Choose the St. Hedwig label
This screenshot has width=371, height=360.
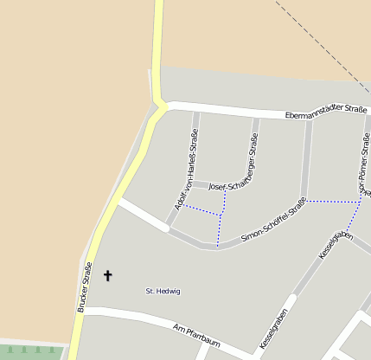click(163, 292)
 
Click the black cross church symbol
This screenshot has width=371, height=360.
click(108, 276)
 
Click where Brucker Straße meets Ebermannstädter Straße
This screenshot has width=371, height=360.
click(161, 106)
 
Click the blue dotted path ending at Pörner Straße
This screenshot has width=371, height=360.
click(333, 201)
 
